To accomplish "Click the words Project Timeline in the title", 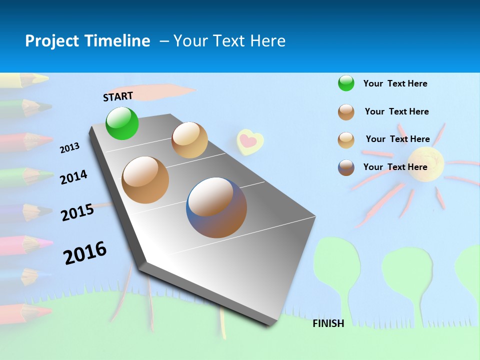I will coord(87,41).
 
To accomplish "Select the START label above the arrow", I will coord(118,96).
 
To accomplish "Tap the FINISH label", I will coord(328,323).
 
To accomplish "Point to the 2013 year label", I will coord(69,148).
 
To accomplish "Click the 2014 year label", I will coord(73,177).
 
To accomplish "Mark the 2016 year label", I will coord(85,252).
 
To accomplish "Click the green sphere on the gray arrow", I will coord(122,123).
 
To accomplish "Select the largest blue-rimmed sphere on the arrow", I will coord(216,207).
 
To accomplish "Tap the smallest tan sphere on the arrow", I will coord(189,140).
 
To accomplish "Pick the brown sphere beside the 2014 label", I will coord(145,180).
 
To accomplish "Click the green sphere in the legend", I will coord(346,83).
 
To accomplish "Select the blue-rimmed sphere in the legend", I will coord(346,167).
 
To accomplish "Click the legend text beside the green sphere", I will coord(395,83).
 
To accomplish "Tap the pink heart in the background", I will coord(249,141).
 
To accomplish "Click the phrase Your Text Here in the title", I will coord(229,41).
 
